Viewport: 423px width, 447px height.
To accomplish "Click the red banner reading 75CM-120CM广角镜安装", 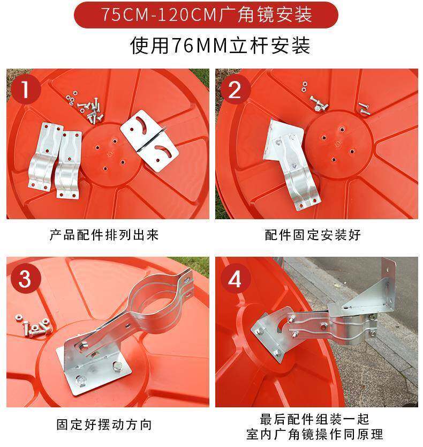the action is (x=206, y=15).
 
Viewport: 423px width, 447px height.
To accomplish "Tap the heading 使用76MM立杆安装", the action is (x=220, y=46).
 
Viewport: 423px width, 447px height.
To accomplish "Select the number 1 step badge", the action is (x=26, y=89).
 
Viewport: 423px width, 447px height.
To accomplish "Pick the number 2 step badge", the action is (x=235, y=89).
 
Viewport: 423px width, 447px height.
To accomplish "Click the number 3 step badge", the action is (x=25, y=279).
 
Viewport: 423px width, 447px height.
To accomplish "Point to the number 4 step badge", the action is (x=235, y=279).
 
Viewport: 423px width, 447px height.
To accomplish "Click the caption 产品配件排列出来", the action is (x=104, y=235).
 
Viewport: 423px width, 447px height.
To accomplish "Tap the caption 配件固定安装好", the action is (x=313, y=235).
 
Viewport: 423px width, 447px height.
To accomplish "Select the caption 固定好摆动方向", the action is (x=104, y=424).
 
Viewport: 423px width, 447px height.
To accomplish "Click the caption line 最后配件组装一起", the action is (x=314, y=419).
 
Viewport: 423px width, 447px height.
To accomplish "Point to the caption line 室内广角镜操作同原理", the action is (x=314, y=435).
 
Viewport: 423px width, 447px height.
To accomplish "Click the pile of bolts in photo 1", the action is (x=86, y=108).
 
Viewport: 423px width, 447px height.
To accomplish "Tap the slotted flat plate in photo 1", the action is (x=149, y=140).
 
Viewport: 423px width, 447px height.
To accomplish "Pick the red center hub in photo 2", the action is (x=339, y=145).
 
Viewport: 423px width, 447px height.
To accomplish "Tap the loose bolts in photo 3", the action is (x=34, y=326).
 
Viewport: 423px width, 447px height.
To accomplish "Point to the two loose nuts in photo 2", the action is (x=305, y=87).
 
